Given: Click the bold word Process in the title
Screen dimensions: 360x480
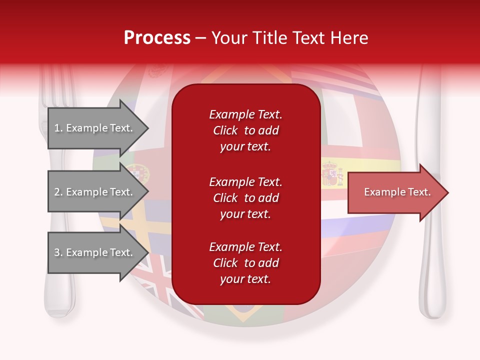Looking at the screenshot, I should coord(157,38).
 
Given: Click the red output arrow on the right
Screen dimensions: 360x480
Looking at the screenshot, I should coord(397,192).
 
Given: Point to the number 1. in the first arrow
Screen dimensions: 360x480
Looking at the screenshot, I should coord(58,128).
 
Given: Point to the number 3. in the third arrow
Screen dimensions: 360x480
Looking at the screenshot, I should coord(58,252).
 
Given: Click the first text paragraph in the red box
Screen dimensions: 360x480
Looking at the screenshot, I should coord(245,130).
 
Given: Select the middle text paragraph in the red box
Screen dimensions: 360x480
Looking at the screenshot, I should coord(245,197).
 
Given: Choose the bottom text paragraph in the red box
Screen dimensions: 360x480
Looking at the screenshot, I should coord(245,263).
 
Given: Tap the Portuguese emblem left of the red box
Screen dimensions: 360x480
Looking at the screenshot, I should coord(136,173).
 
